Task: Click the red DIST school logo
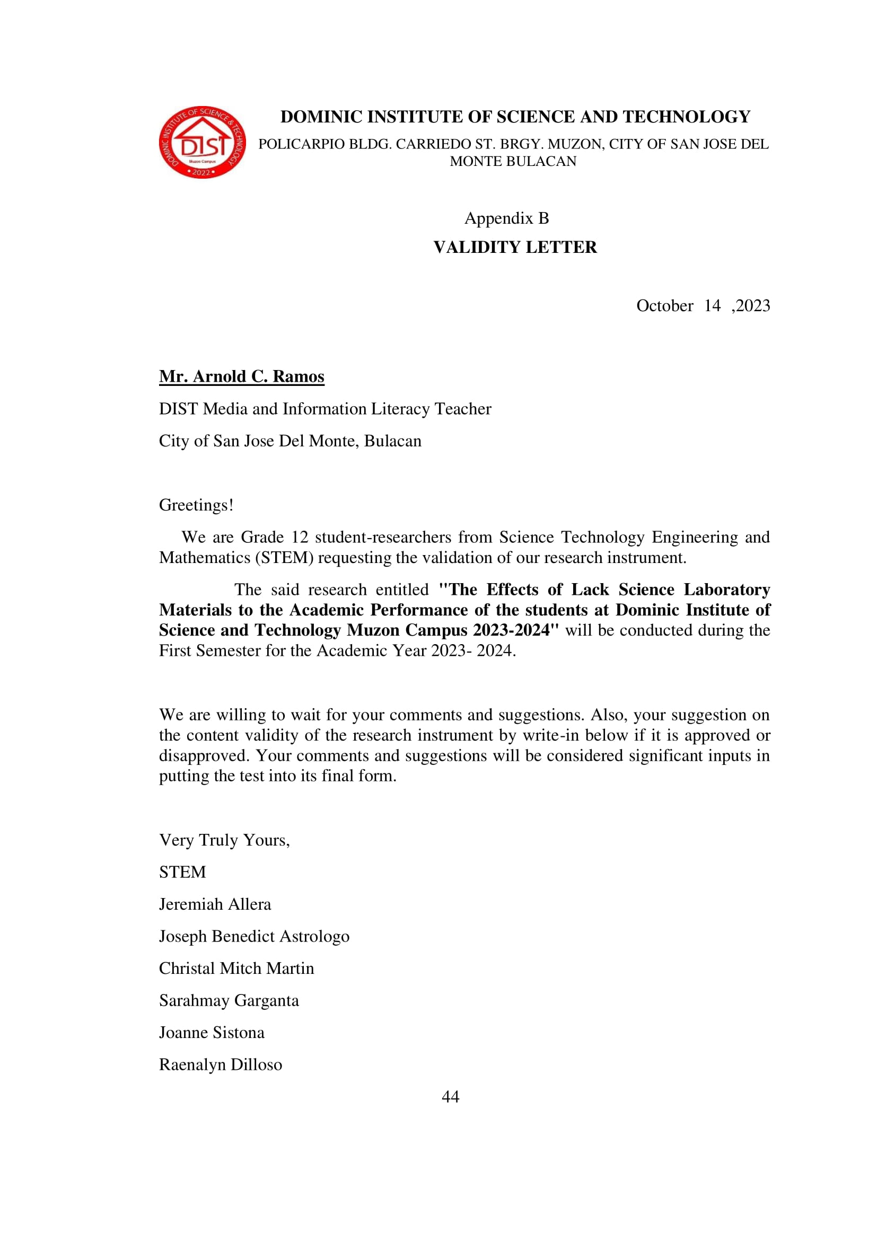[x=202, y=142]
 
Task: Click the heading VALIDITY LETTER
[x=515, y=248]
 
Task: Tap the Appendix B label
[x=506, y=218]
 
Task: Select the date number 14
[x=712, y=306]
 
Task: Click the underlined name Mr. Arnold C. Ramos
[x=241, y=376]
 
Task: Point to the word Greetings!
[x=196, y=505]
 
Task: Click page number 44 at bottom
[x=450, y=1096]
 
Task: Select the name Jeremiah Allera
[x=215, y=904]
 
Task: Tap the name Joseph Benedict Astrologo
[x=254, y=936]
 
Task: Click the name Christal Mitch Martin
[x=236, y=969]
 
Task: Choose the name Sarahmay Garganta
[x=229, y=1000]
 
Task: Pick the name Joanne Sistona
[x=211, y=1032]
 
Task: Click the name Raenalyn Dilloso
[x=221, y=1065]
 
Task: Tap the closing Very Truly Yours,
[x=224, y=840]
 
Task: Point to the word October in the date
[x=664, y=306]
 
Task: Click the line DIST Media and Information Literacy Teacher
[x=325, y=409]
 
